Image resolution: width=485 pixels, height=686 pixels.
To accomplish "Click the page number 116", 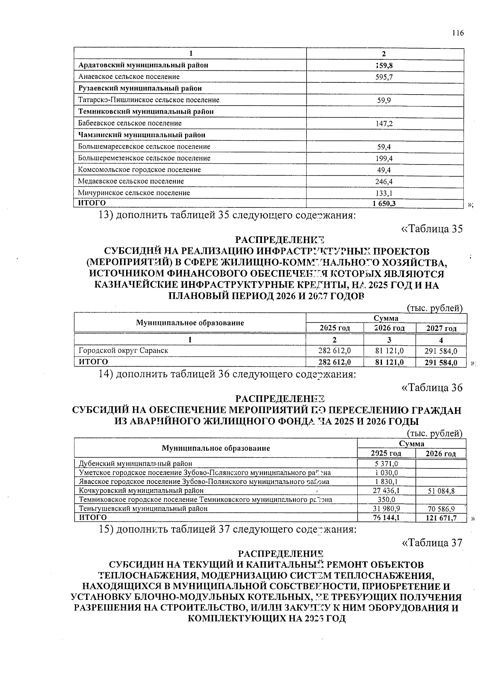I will tap(458, 33).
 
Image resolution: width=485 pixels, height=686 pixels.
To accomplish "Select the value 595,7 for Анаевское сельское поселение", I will tap(384, 77).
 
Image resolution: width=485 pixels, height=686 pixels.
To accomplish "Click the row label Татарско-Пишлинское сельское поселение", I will tap(149, 100).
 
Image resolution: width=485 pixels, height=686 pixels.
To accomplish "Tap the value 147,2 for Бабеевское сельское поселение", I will tap(384, 123).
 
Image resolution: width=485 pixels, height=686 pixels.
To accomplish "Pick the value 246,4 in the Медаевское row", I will tap(384, 182).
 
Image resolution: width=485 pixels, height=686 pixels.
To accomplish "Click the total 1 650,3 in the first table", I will tap(384, 204).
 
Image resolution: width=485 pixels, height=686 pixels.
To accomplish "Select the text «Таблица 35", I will tap(432, 229).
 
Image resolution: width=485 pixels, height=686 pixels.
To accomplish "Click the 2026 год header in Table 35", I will tap(389, 328).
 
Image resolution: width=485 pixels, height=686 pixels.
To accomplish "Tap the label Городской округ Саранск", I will tap(123, 351).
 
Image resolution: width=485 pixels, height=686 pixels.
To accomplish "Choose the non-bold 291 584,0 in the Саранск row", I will tap(441, 352).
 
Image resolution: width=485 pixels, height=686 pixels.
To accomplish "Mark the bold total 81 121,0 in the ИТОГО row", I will tap(389, 363).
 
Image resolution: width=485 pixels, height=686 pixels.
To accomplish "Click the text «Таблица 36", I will tap(432, 388).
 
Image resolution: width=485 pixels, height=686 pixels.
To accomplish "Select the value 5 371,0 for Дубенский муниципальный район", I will tap(386, 464).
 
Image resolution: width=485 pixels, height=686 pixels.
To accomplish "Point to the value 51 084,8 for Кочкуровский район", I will tap(441, 491).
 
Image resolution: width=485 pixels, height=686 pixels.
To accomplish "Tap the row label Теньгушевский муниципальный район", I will tap(143, 509).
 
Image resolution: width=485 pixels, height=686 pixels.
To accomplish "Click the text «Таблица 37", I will tap(432, 543).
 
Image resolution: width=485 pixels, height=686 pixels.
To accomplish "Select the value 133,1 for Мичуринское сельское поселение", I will tap(384, 193).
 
